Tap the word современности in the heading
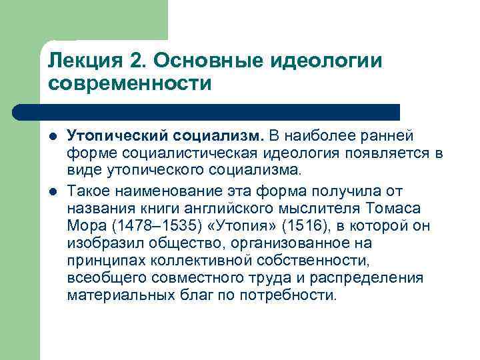tap(129, 85)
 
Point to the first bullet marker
tap(53, 137)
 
